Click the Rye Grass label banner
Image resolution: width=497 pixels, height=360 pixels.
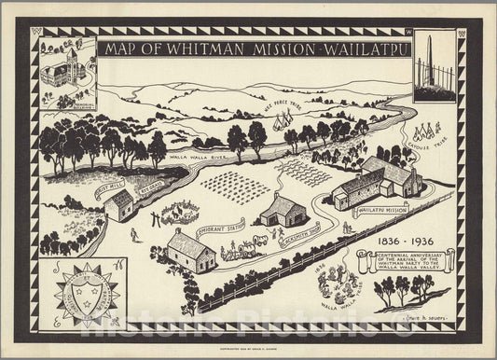[x=150, y=185]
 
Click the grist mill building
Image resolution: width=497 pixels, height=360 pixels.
[x=120, y=206]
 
